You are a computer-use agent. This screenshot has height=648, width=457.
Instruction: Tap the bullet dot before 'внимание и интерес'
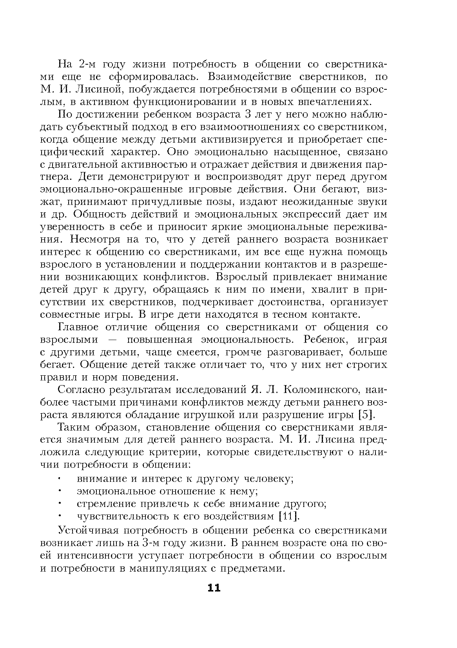point(61,478)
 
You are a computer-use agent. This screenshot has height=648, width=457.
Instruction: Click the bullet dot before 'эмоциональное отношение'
point(61,491)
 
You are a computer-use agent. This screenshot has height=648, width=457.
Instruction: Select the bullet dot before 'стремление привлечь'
point(61,503)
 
